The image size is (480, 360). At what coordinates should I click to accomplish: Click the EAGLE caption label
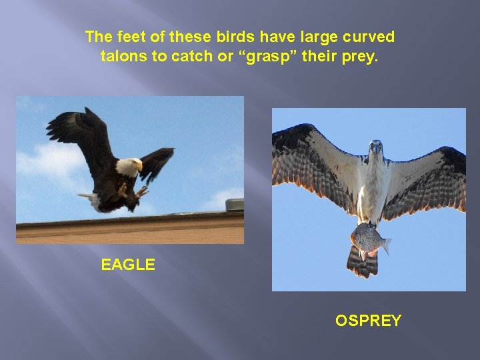[x=128, y=265]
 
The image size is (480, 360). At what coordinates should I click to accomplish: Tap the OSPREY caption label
[x=368, y=321]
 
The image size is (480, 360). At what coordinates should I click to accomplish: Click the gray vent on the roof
[x=234, y=204]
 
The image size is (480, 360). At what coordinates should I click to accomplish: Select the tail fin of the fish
[x=385, y=245]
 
